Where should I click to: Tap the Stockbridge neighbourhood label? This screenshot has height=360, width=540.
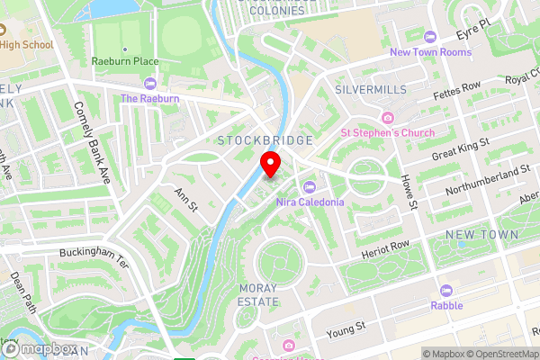[x=265, y=140]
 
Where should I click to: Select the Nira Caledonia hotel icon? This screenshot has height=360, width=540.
[x=310, y=187]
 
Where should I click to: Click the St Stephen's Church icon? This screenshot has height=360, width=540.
[x=388, y=118]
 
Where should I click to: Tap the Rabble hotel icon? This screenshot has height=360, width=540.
[x=446, y=291]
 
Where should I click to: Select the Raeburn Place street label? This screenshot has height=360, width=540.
[x=126, y=61]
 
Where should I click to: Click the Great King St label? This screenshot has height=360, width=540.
[x=460, y=148]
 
